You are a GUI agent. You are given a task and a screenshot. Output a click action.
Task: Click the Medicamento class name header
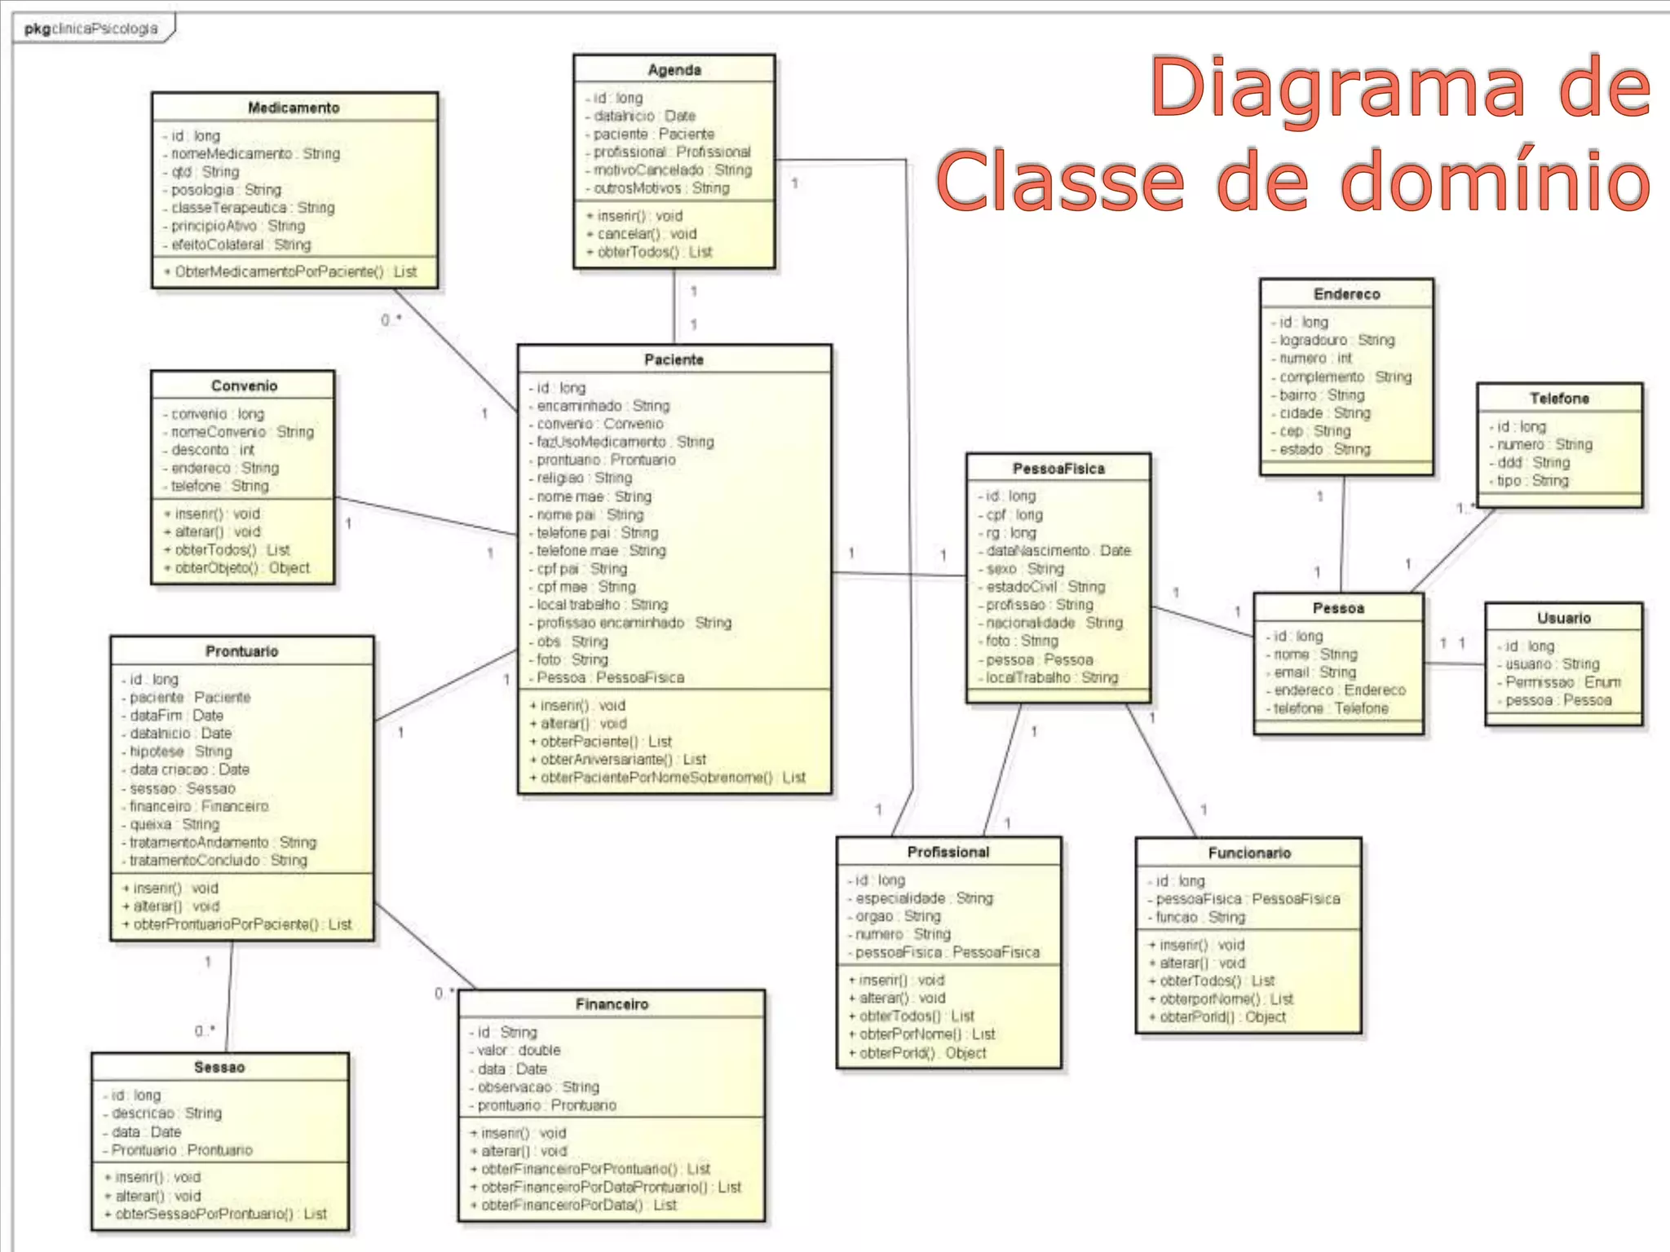point(294,108)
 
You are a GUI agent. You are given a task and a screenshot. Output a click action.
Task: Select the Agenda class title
point(674,70)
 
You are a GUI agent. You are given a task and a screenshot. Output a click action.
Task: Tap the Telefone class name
point(1559,399)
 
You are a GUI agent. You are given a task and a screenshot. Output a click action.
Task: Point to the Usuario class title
point(1563,618)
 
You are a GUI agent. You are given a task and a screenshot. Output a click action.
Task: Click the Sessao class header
point(219,1067)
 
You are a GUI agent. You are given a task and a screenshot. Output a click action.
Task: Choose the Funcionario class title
point(1249,853)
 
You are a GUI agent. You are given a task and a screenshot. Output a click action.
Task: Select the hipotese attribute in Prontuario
point(181,752)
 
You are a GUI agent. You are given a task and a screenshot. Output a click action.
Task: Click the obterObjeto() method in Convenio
point(241,568)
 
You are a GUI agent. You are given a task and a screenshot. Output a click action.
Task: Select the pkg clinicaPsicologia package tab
point(91,29)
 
